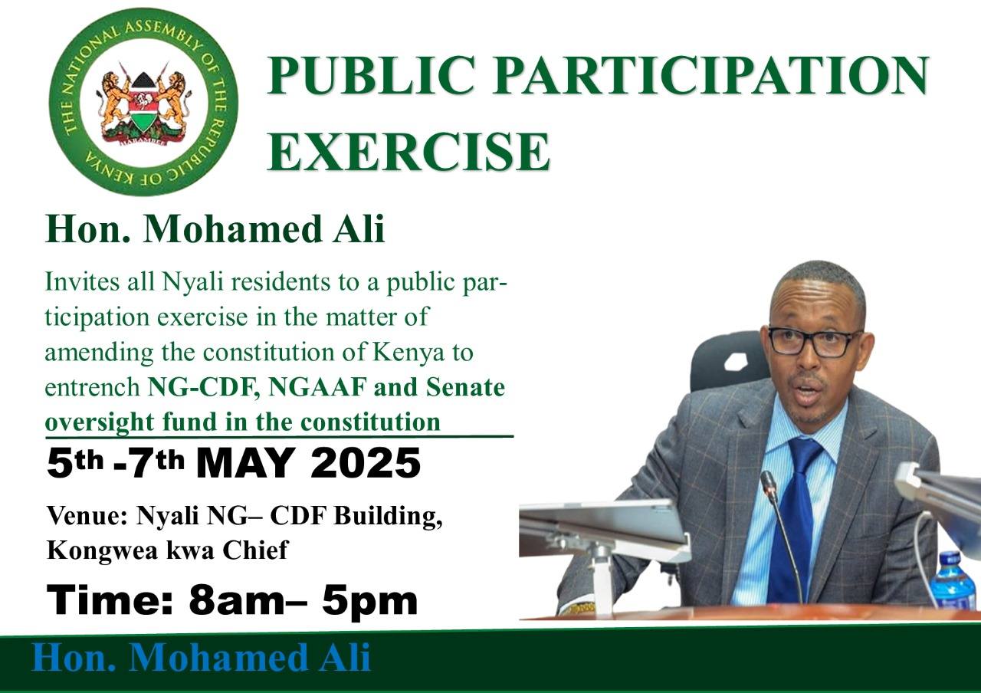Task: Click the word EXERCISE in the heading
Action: tap(408, 151)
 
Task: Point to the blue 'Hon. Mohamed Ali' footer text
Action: tap(202, 657)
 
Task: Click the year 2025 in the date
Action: tap(365, 464)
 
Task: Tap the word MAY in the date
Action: tap(248, 464)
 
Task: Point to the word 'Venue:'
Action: tap(87, 516)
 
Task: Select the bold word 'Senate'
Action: tap(465, 387)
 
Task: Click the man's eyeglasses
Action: tap(815, 342)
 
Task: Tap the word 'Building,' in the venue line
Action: tap(388, 517)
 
